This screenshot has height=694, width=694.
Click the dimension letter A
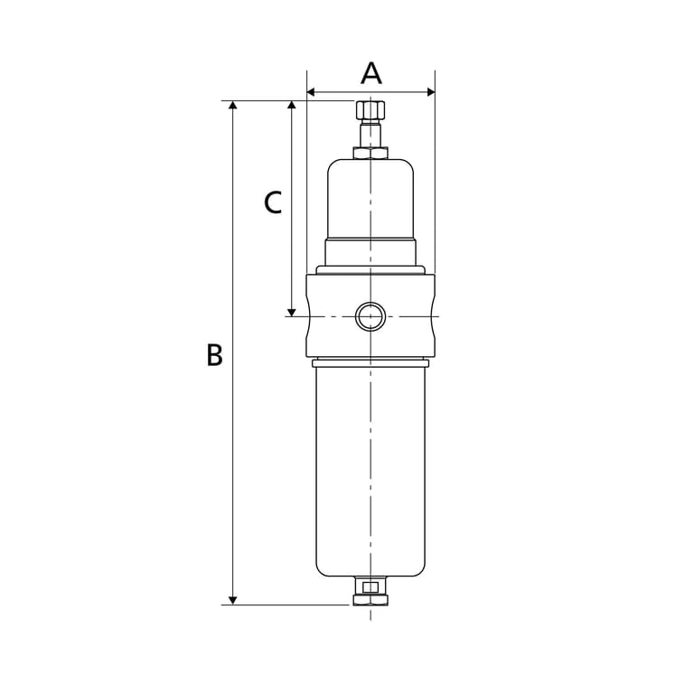(370, 73)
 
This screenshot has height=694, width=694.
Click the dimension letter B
(215, 354)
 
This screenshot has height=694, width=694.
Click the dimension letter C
(273, 202)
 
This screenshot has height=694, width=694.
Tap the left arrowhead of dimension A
(311, 92)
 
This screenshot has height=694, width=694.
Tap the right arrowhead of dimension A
(431, 92)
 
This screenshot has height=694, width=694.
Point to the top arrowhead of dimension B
(233, 105)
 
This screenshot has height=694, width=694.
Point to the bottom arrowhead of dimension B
(233, 600)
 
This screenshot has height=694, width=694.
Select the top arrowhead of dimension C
(291, 105)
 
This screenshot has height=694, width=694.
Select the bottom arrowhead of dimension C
(291, 312)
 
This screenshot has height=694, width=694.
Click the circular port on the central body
(370, 316)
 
